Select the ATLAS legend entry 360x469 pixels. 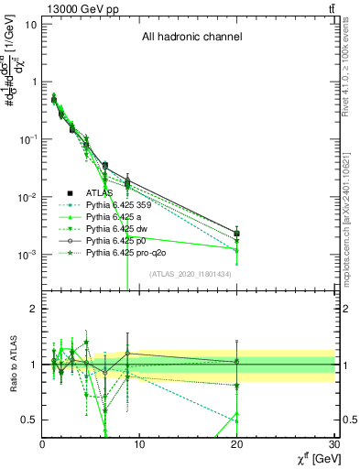[x=100, y=193]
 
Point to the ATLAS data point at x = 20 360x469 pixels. [x=237, y=233]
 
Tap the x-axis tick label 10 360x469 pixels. [x=139, y=445]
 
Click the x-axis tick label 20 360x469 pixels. [x=237, y=445]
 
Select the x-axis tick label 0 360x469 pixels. [x=42, y=445]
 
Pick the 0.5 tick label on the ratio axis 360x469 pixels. [x=29, y=420]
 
